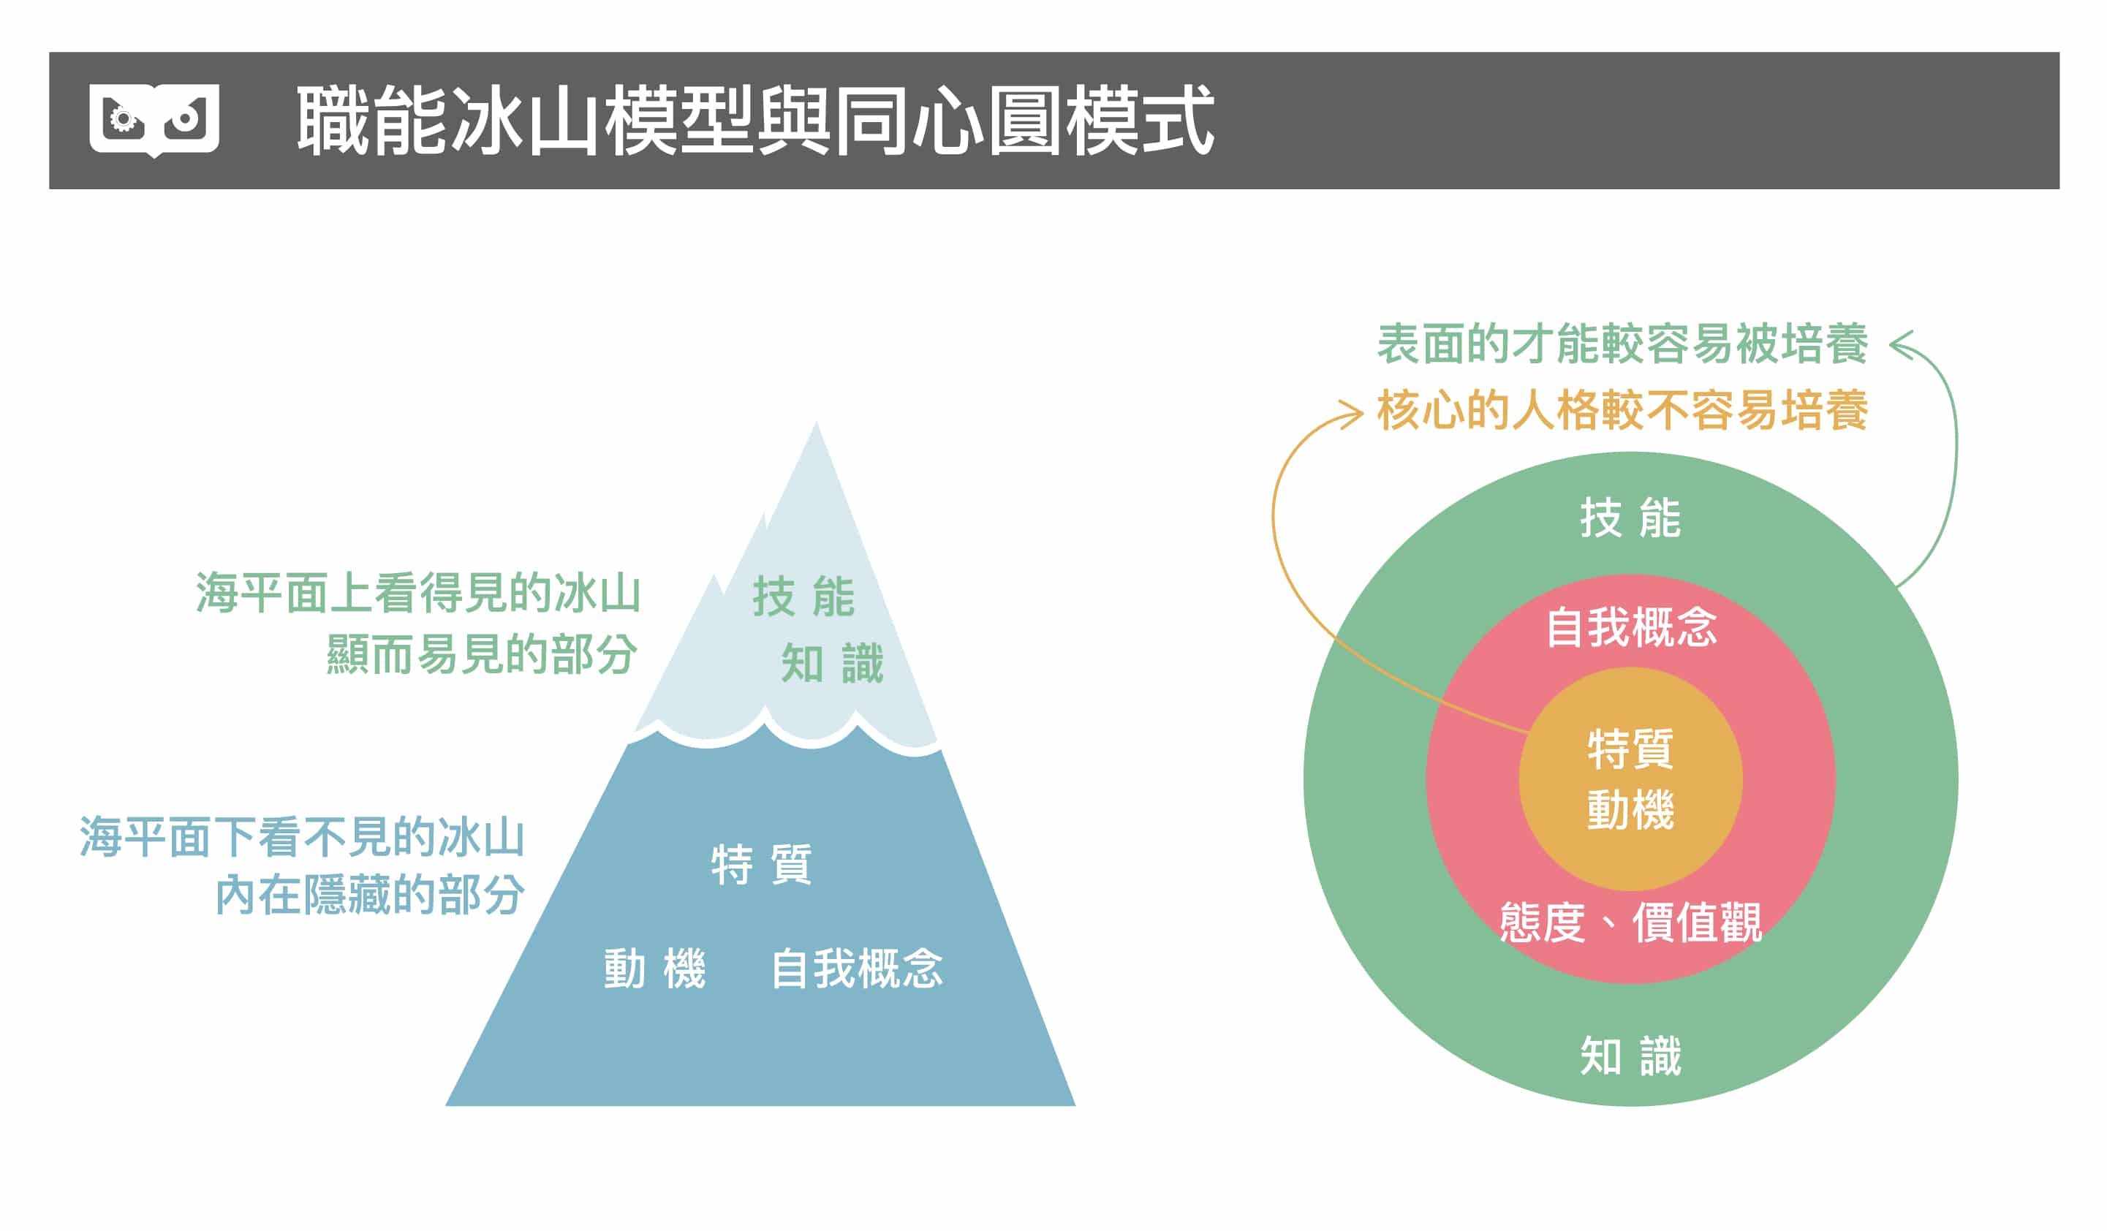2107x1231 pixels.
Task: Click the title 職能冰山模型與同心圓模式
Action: click(x=755, y=121)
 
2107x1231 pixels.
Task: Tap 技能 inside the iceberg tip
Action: click(x=803, y=596)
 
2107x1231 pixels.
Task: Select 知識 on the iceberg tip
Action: click(x=832, y=663)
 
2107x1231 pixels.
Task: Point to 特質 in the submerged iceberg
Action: click(x=761, y=864)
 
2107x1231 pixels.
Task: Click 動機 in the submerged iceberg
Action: click(x=654, y=969)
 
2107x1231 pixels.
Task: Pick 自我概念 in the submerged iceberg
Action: click(x=856, y=969)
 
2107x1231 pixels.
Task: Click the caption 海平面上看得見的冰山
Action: click(x=418, y=593)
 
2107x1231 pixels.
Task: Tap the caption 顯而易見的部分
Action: click(x=482, y=654)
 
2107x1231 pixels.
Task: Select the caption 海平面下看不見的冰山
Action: click(x=302, y=837)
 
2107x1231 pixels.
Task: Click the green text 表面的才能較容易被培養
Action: click(x=1622, y=344)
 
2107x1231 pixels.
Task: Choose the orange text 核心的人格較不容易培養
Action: click(x=1622, y=411)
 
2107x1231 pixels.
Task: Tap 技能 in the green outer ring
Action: click(x=1630, y=518)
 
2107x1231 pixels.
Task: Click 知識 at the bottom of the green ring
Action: click(x=1630, y=1056)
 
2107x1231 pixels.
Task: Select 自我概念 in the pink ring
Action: click(x=1630, y=627)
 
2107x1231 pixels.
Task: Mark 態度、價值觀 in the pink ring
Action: click(x=1630, y=923)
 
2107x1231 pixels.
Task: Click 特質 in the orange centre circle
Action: click(x=1630, y=749)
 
